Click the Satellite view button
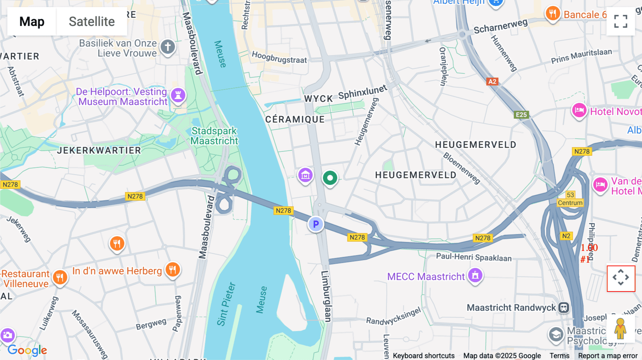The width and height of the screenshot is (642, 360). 92,21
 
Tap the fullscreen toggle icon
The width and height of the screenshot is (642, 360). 621,21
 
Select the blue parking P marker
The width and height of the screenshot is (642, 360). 316,224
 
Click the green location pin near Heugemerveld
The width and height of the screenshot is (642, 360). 330,178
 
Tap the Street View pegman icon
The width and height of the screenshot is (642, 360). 621,328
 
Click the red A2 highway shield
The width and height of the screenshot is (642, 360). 492,82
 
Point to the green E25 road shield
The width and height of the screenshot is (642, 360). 521,115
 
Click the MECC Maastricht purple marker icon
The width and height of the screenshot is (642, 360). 475,275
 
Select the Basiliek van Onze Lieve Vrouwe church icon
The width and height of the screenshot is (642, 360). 168,46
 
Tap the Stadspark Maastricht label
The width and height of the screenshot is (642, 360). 214,136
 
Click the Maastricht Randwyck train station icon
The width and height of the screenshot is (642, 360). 564,307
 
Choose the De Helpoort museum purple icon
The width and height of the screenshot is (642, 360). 178,95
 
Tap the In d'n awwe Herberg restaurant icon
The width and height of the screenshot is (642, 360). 173,269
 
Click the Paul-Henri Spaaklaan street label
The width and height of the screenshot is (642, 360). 474,257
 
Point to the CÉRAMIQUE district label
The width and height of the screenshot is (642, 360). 295,119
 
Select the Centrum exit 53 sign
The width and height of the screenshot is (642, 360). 570,199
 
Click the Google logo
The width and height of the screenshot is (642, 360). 27,350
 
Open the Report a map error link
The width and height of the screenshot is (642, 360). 608,356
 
